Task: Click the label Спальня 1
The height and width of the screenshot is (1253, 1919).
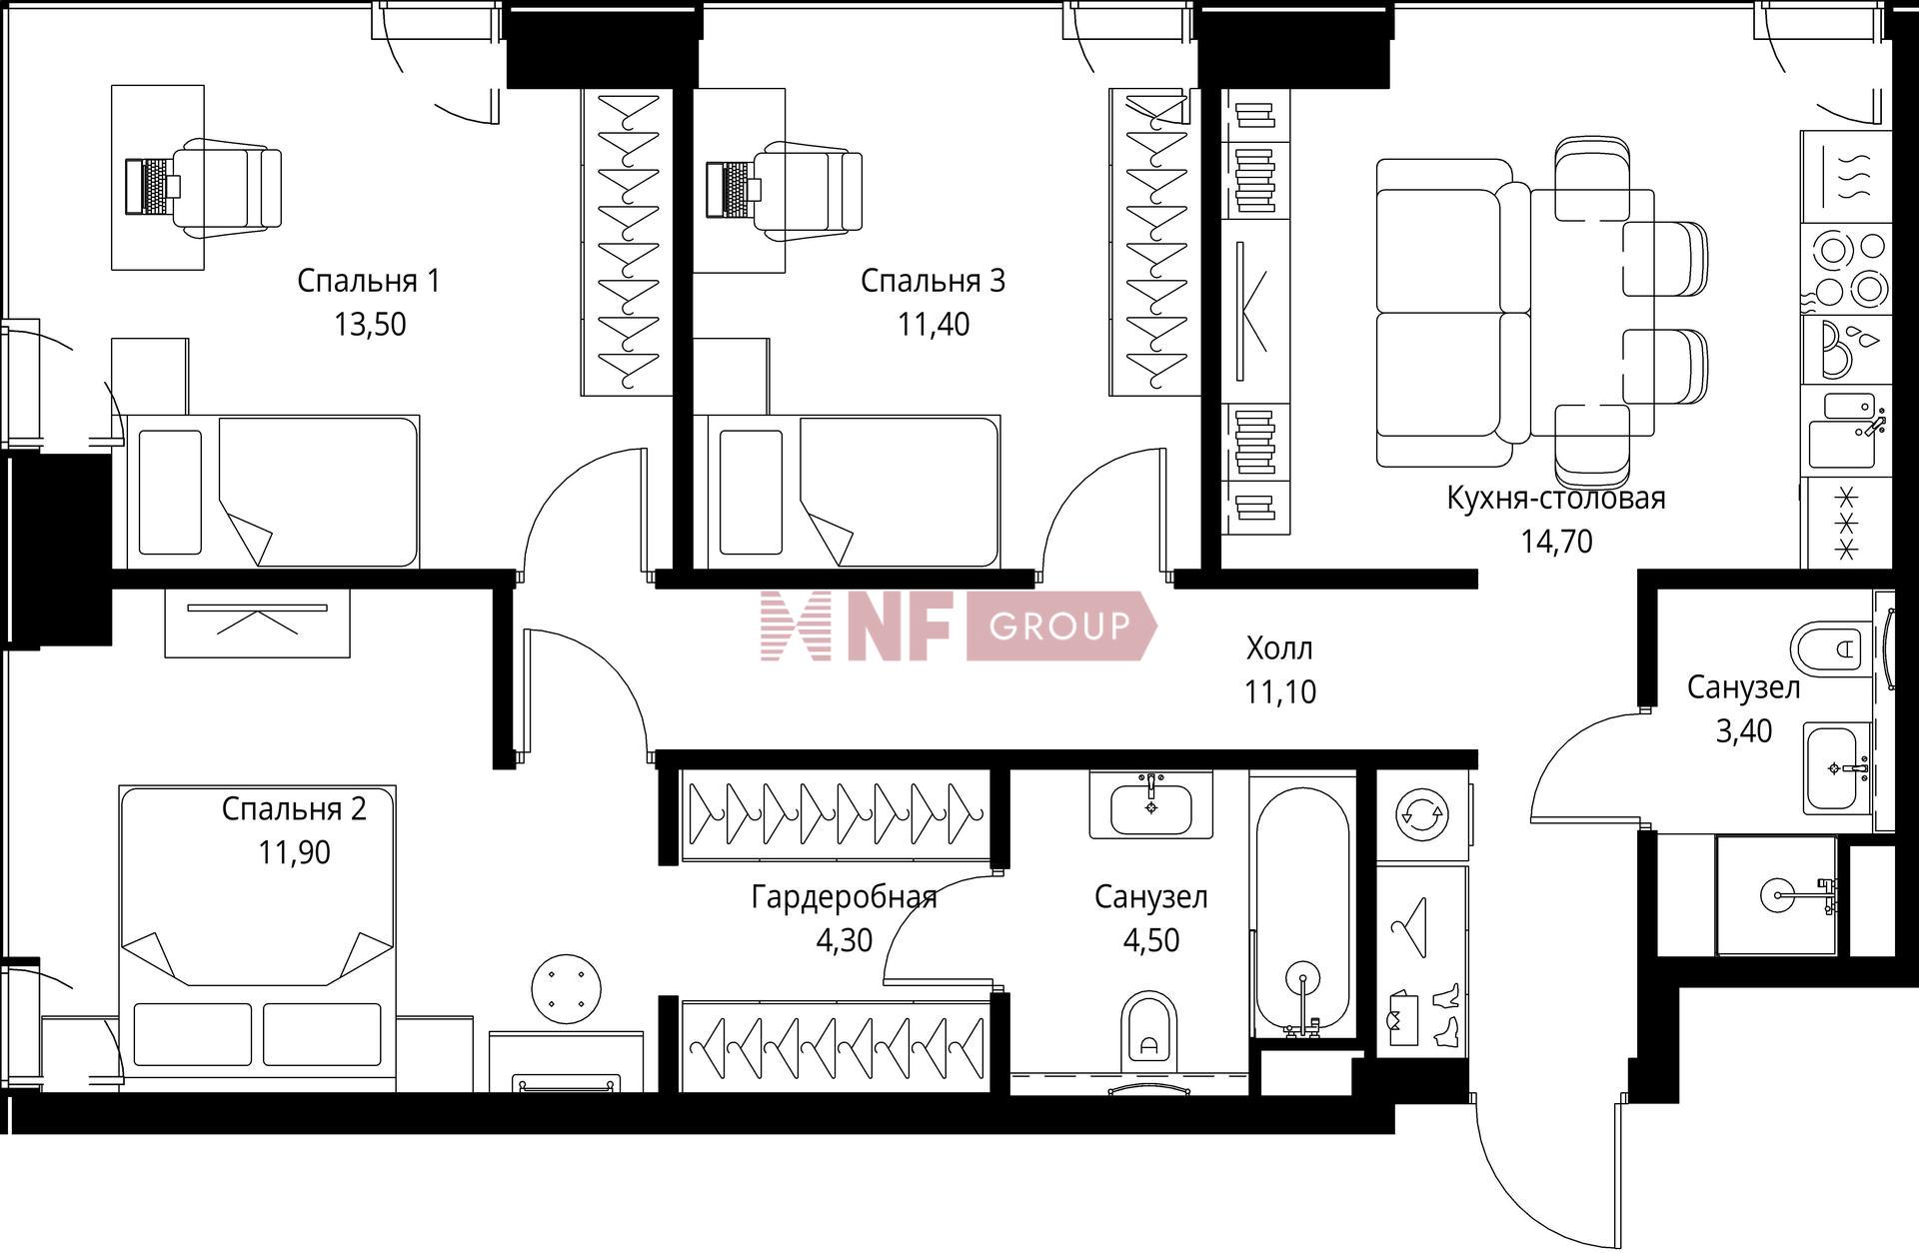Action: pyautogui.click(x=368, y=282)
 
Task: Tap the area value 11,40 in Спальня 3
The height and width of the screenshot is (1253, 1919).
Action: pyautogui.click(x=934, y=325)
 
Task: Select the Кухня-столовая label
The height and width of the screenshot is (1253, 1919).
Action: pyautogui.click(x=1556, y=498)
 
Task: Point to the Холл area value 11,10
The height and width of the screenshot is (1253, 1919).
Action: pyautogui.click(x=1280, y=691)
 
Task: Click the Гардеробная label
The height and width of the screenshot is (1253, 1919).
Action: pyautogui.click(x=845, y=897)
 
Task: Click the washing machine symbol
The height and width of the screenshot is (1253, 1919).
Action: pyautogui.click(x=1420, y=814)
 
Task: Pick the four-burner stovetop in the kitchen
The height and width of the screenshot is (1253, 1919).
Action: pyautogui.click(x=1846, y=268)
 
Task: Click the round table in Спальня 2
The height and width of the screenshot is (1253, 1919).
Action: pyautogui.click(x=567, y=989)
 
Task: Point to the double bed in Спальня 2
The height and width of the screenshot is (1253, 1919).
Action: pyautogui.click(x=258, y=938)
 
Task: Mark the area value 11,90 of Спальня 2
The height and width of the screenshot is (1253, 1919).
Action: pyautogui.click(x=294, y=852)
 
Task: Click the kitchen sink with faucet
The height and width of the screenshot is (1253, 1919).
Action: pyautogui.click(x=1845, y=431)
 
